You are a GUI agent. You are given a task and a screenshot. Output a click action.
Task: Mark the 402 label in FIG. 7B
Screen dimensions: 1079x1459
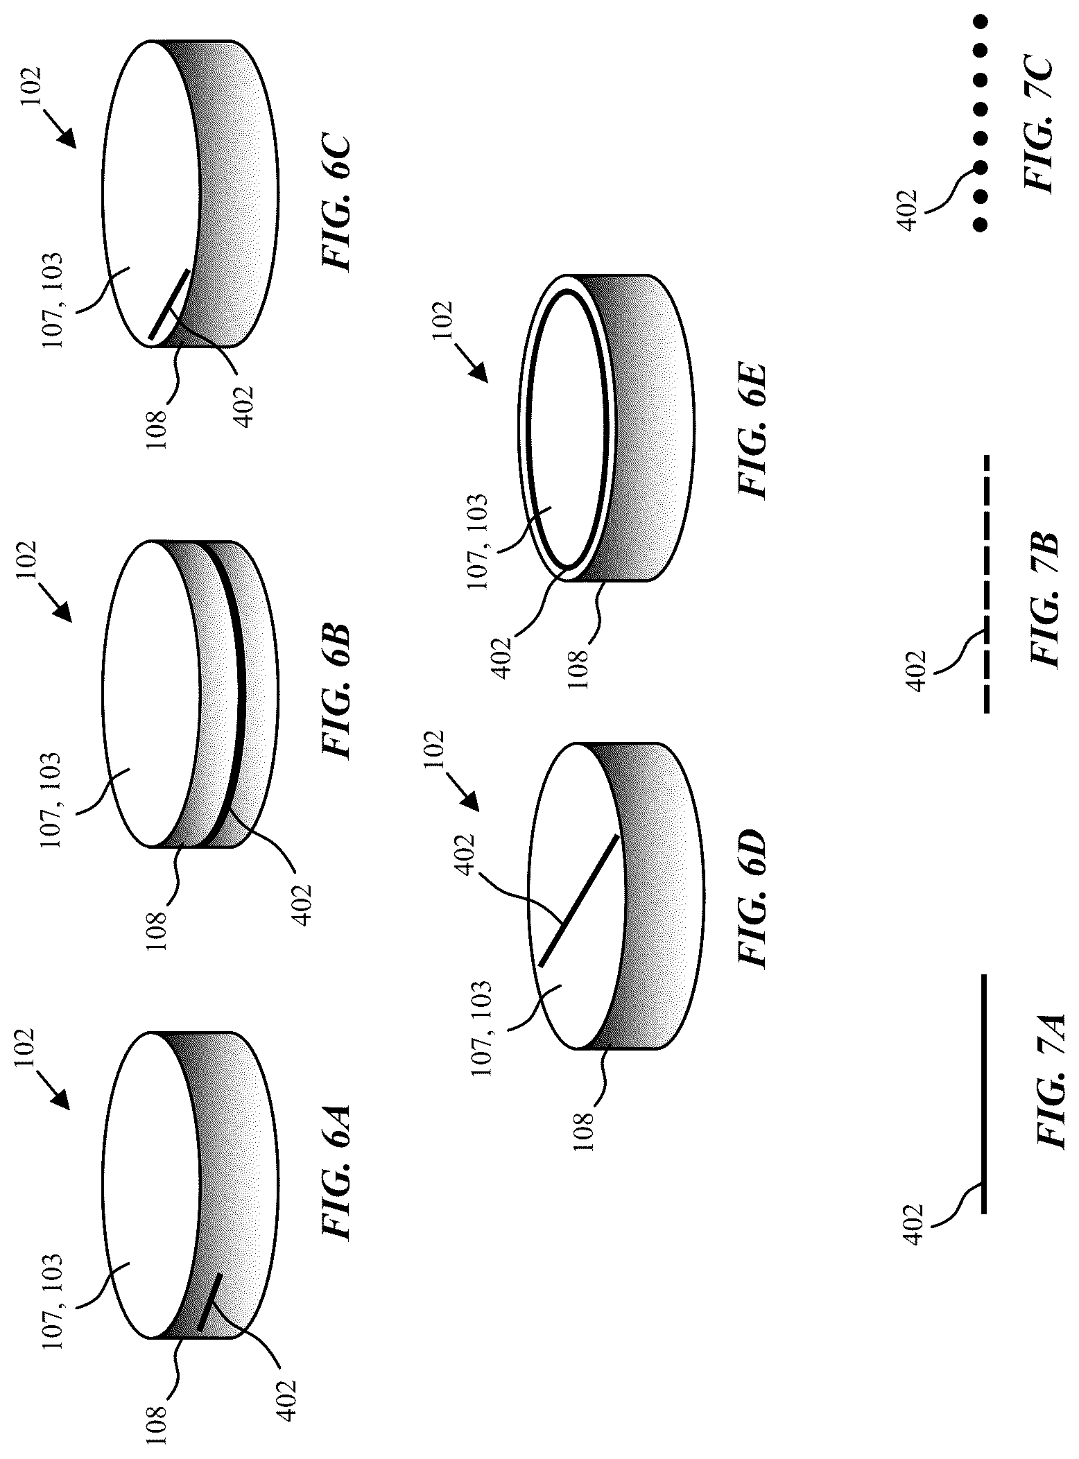pos(915,670)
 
